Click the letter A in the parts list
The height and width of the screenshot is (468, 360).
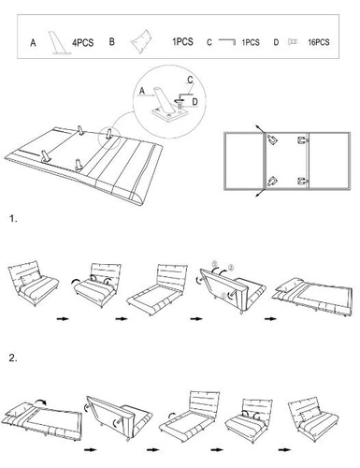(x=33, y=43)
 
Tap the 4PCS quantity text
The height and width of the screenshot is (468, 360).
(x=83, y=42)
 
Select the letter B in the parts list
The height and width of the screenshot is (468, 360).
(x=112, y=42)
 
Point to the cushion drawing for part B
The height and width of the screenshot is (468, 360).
(x=141, y=41)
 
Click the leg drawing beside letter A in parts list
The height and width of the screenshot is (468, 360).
(x=59, y=43)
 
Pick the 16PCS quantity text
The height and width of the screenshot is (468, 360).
(x=319, y=42)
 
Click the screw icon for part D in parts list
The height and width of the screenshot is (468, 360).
(x=293, y=41)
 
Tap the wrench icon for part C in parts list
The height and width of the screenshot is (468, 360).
(x=227, y=41)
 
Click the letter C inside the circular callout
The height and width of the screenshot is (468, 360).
(x=190, y=80)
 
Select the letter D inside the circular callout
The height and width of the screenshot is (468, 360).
(x=194, y=101)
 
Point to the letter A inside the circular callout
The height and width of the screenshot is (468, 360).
(x=142, y=91)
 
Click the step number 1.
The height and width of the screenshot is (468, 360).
(x=13, y=219)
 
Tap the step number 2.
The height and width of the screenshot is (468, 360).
(x=13, y=358)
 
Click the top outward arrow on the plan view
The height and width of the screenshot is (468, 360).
(x=260, y=129)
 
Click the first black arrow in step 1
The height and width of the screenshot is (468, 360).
(x=63, y=319)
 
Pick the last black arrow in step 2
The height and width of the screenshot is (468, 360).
(x=284, y=450)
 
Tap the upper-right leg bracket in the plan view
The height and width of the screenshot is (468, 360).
(x=303, y=140)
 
